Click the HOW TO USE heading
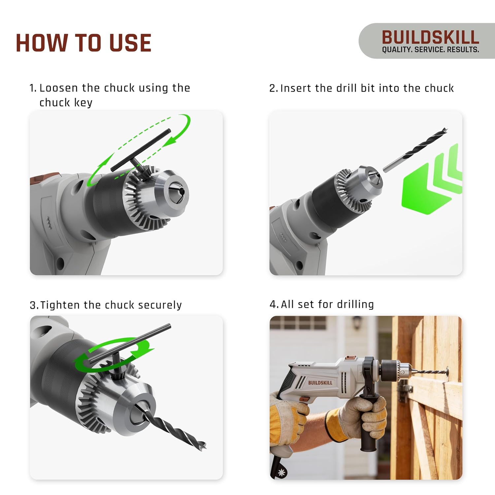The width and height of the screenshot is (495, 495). point(83,43)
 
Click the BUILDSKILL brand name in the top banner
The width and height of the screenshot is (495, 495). point(430,37)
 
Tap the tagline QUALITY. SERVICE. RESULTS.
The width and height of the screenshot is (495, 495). point(430,50)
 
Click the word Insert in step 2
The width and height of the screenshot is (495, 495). point(296,88)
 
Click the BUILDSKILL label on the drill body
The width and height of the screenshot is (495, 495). point(320,383)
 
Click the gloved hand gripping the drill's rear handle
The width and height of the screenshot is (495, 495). point(287,416)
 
